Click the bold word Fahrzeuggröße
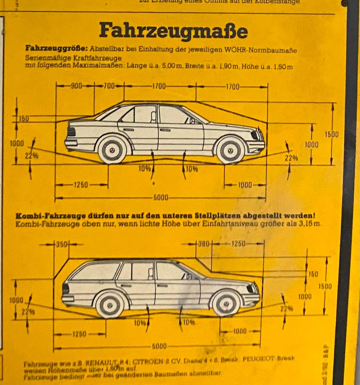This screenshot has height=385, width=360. [56, 49]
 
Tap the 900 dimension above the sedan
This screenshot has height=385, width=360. [76, 86]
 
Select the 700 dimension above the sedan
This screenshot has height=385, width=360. [109, 86]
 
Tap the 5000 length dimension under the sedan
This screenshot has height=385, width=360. [160, 198]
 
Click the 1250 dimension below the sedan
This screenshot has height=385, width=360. [81, 185]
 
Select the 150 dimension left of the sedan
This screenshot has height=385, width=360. [24, 119]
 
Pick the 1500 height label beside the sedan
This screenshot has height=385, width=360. [332, 135]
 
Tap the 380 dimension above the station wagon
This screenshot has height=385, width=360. [204, 244]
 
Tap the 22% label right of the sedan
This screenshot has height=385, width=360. [291, 158]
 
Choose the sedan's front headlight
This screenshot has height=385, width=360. [255, 135]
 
